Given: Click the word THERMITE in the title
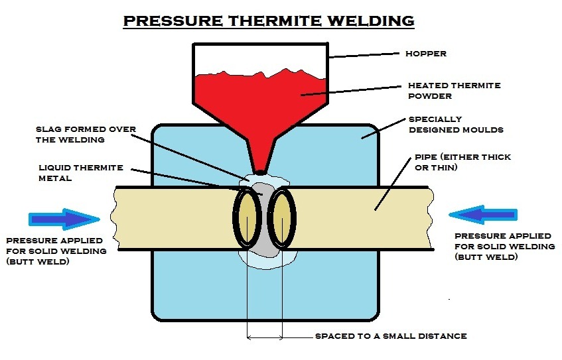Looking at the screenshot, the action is click(x=274, y=21).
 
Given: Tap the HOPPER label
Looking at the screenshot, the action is click(x=426, y=54).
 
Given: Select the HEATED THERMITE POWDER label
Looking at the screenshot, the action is click(x=454, y=91).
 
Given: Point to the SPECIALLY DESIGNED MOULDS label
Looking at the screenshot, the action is click(x=456, y=124).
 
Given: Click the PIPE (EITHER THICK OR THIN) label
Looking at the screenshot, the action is click(x=462, y=162).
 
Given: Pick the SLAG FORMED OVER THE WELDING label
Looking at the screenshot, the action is click(x=86, y=135).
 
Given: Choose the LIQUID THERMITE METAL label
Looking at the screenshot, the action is click(x=81, y=172).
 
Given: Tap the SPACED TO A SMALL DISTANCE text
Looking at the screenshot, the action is click(x=391, y=336).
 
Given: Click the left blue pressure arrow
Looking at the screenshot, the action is click(x=64, y=219).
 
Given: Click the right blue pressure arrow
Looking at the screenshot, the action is click(x=483, y=215).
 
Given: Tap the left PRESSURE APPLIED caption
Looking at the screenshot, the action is click(x=56, y=251).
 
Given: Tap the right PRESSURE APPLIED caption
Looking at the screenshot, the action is click(x=505, y=246).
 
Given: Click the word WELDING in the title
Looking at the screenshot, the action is click(x=371, y=21).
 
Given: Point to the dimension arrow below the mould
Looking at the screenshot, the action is click(x=265, y=337).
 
